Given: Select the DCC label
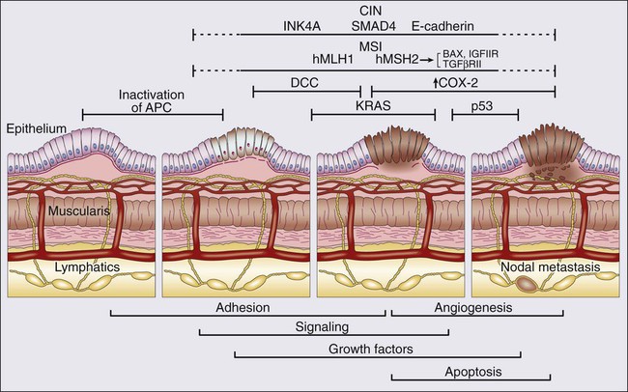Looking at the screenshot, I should (304, 83).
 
